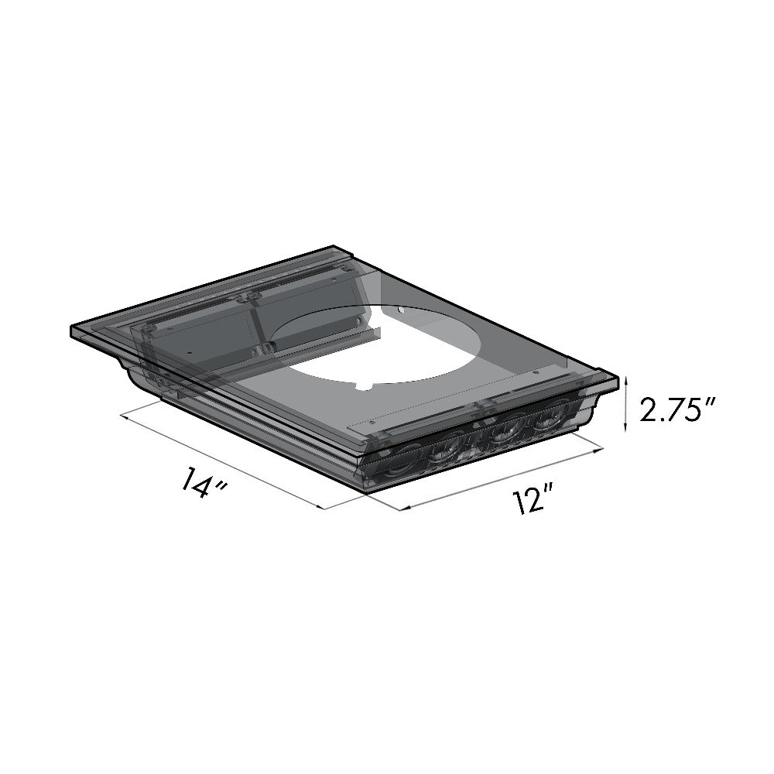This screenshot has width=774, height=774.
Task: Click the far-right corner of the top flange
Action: pos(618,379)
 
